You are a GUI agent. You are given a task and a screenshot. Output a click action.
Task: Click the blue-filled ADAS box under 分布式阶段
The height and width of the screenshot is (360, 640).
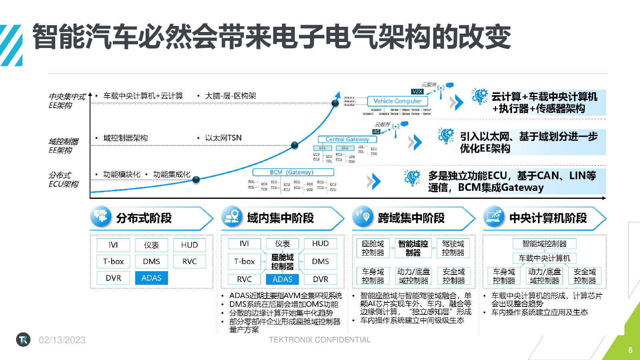152,278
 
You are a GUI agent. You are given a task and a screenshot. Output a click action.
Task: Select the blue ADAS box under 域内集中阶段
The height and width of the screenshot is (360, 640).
282,279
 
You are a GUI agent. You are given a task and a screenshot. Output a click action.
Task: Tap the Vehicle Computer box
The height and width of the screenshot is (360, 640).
397,101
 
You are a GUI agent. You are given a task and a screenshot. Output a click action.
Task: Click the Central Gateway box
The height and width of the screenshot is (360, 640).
347,139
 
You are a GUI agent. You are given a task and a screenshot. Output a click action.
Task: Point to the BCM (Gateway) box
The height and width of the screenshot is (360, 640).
293,172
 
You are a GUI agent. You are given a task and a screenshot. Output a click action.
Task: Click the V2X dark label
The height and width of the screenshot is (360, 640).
417,92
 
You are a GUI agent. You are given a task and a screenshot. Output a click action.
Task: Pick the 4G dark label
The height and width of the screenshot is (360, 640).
376,132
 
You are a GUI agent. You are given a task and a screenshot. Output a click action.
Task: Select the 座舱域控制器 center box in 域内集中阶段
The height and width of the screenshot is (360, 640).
282,262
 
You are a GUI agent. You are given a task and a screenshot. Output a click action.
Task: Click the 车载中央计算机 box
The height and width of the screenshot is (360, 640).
544,258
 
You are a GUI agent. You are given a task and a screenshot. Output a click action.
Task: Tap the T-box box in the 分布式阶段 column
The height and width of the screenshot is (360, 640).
114,261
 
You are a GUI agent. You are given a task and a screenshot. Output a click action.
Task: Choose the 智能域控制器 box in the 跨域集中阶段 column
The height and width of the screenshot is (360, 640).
413,248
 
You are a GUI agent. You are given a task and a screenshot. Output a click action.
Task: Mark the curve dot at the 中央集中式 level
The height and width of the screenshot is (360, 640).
335,103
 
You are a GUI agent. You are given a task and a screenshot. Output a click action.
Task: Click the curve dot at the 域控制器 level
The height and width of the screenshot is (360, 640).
295,145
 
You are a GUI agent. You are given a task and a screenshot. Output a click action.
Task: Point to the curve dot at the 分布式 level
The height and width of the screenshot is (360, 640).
196,180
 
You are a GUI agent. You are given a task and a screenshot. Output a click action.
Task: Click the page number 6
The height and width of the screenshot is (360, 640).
630,350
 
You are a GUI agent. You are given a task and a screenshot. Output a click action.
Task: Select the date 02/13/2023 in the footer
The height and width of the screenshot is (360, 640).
62,340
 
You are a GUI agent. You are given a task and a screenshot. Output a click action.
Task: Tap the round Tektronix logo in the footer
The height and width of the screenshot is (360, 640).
23,340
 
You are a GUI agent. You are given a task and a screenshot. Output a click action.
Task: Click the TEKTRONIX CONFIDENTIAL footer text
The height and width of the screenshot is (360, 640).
320,340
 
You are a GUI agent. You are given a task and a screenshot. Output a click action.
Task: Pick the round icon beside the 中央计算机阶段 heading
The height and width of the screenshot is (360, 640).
494,216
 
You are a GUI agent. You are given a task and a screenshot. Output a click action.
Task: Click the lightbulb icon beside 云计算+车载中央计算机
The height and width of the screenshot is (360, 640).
480,96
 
